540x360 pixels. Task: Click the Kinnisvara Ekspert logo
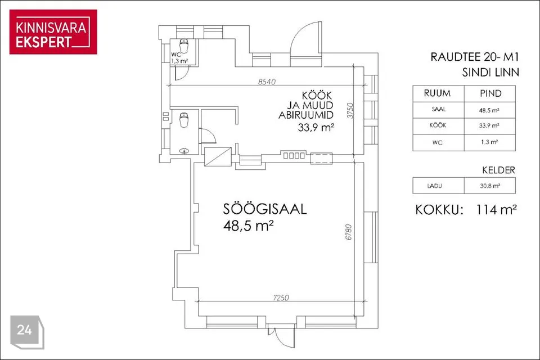pos(53,32)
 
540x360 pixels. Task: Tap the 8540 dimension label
pos(267,82)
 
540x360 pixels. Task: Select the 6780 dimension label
pos(349,232)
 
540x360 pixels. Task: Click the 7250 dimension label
pos(279,298)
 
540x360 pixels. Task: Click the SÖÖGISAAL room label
pos(265,210)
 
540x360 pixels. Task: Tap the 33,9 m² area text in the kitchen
pos(316,128)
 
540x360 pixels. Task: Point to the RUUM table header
pos(437,93)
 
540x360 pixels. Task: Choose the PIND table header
pos(490,93)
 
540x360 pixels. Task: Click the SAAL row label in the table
pos(438,110)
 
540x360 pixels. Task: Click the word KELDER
pos(498,169)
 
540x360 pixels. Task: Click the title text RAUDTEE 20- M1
pos(475,57)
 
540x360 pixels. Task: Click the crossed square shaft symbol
pos(218,156)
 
